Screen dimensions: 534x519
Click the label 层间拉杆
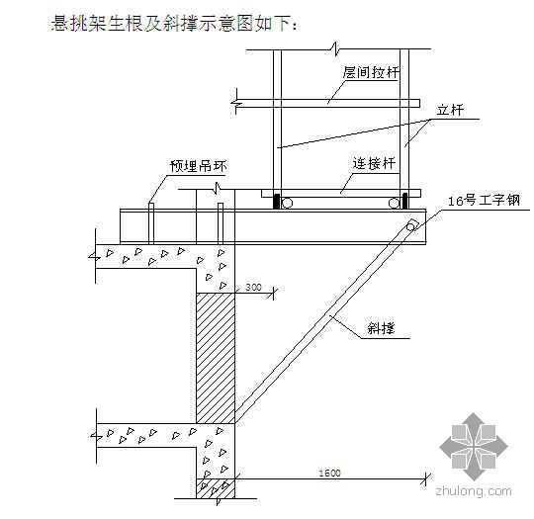pos(371,72)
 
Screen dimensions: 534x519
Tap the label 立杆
pos(450,110)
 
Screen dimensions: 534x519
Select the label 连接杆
pos(374,163)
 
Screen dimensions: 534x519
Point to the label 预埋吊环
pos(198,166)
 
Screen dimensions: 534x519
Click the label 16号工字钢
pos(484,201)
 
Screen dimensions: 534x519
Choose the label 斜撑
pos(381,328)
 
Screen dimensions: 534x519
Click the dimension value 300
pos(253,287)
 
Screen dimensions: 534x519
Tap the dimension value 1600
pos(329,473)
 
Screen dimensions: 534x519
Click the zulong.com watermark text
pos(474,491)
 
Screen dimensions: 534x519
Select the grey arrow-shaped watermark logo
pos(474,447)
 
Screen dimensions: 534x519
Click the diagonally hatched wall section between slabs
pos(216,358)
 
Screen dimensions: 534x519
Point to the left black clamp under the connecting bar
pos(277,201)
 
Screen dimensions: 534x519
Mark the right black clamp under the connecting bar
pos(404,201)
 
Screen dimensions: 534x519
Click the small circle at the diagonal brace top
pos(410,226)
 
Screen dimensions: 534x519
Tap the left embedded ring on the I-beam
pos(151,223)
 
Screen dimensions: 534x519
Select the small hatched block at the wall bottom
pos(216,488)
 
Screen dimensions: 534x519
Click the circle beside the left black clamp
pos(287,204)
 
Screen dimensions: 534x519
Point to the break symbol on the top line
pos(335,48)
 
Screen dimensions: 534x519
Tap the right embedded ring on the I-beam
pos(221,223)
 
